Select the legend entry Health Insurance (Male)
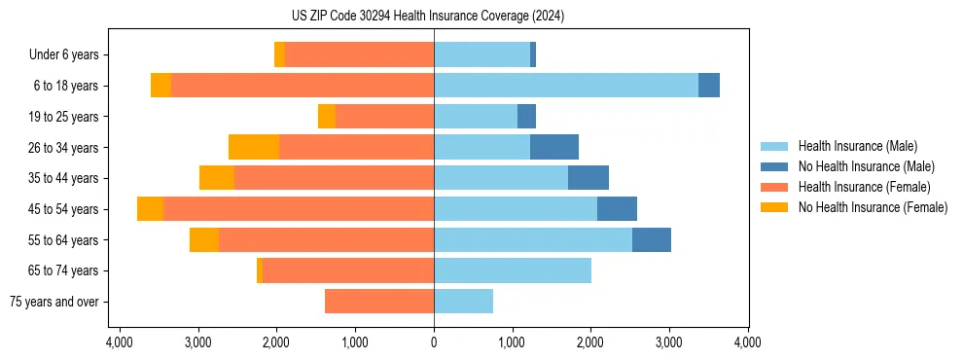click(857, 147)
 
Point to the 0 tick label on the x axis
click(434, 342)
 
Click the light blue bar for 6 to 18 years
click(566, 86)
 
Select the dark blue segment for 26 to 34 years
click(554, 147)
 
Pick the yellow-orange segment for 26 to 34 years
click(254, 147)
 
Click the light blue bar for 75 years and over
click(463, 302)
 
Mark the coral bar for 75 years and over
click(379, 302)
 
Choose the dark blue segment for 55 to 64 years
click(652, 239)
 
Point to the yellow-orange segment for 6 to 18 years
click(161, 86)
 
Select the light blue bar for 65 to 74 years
click(513, 270)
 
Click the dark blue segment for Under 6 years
click(533, 54)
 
